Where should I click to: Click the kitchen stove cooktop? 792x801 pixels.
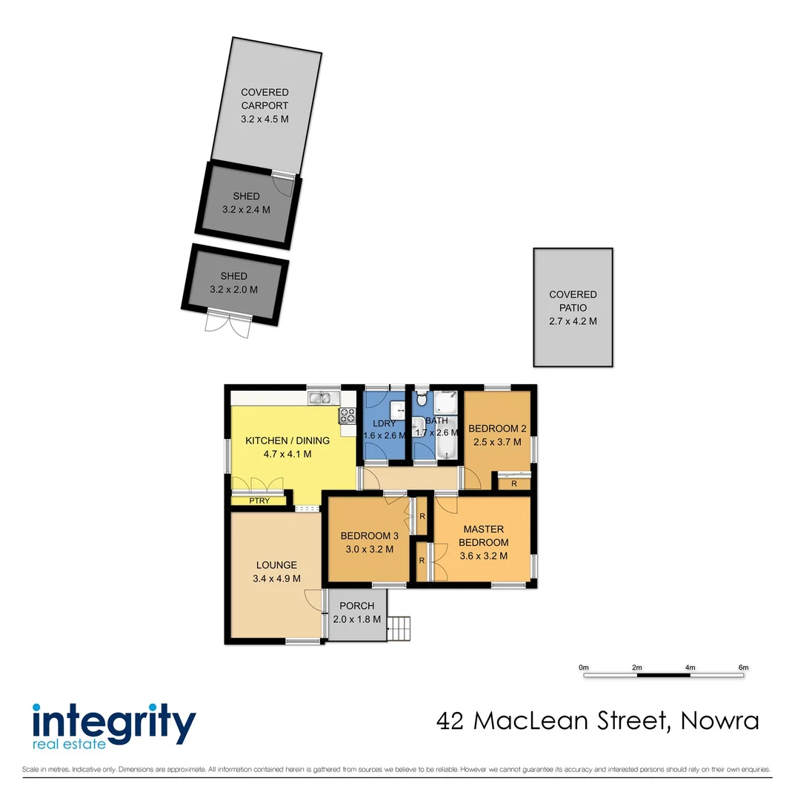pyautogui.click(x=347, y=416)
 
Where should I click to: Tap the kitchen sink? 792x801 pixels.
pyautogui.click(x=320, y=399)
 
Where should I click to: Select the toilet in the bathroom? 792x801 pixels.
pyautogui.click(x=422, y=400)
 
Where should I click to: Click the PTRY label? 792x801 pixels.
pyautogui.click(x=259, y=501)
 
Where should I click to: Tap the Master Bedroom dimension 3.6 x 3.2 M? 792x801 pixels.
pyautogui.click(x=483, y=556)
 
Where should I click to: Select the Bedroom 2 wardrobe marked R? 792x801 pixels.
pyautogui.click(x=514, y=484)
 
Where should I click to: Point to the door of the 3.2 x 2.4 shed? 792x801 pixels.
pyautogui.click(x=282, y=182)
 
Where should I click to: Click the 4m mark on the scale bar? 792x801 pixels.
pyautogui.click(x=690, y=668)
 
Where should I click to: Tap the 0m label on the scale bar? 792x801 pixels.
pyautogui.click(x=583, y=668)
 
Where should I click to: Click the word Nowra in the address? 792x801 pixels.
pyautogui.click(x=719, y=720)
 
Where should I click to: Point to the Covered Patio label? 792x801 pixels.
pyautogui.click(x=573, y=301)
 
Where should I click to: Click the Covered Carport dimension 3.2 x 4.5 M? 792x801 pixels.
pyautogui.click(x=264, y=119)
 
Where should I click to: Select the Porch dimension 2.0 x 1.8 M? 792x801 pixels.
pyautogui.click(x=357, y=619)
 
